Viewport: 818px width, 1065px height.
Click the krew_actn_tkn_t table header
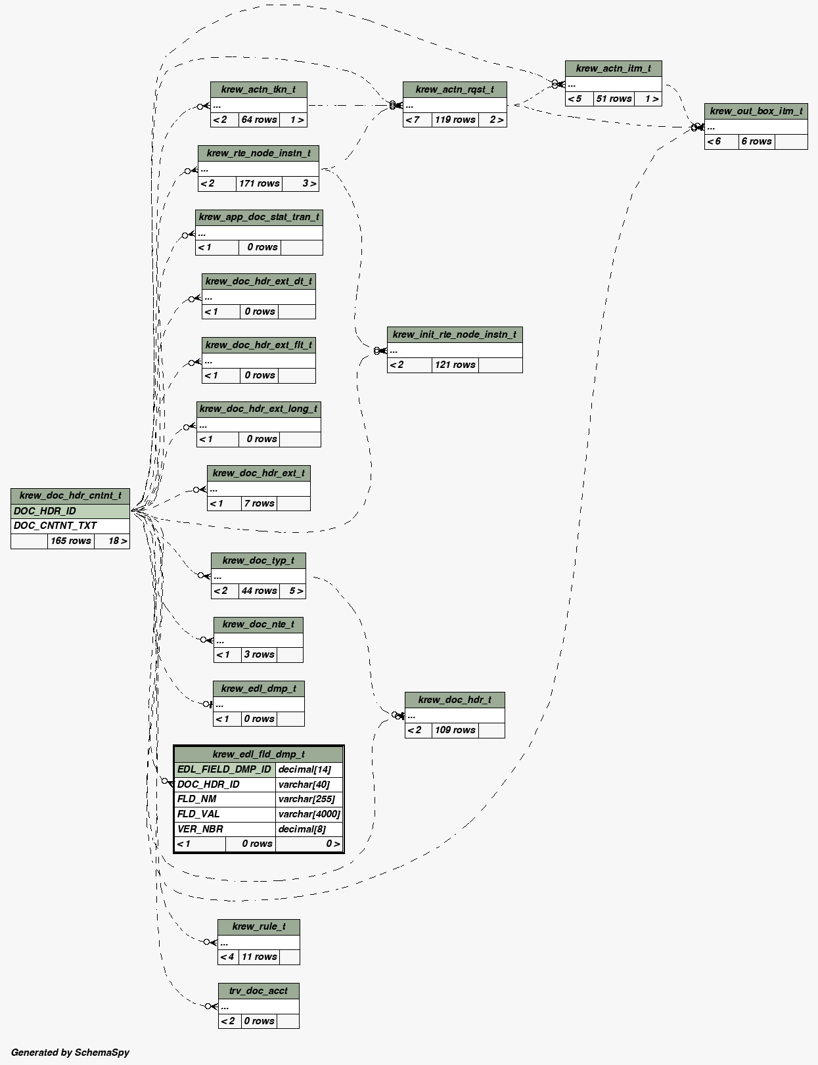pos(258,89)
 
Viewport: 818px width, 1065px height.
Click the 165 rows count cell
pos(71,541)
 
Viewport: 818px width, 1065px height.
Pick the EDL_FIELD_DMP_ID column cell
pos(224,769)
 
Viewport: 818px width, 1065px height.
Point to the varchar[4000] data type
pos(309,814)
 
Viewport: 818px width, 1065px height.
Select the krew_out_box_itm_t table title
pos(756,111)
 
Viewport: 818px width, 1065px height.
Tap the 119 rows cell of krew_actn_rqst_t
pos(455,120)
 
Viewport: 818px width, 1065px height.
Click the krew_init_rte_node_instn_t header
pos(454,334)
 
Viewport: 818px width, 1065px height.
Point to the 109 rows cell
pos(455,730)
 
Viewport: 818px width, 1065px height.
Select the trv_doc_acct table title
pos(258,991)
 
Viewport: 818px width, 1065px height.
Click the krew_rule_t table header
pos(259,926)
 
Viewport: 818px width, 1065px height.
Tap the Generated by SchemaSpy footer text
pos(70,1053)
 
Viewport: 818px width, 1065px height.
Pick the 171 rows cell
pos(259,183)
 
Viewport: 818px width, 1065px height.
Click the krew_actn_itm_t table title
pos(613,68)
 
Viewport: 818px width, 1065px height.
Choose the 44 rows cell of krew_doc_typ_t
pos(259,591)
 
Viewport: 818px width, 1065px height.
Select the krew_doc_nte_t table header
pos(258,624)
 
